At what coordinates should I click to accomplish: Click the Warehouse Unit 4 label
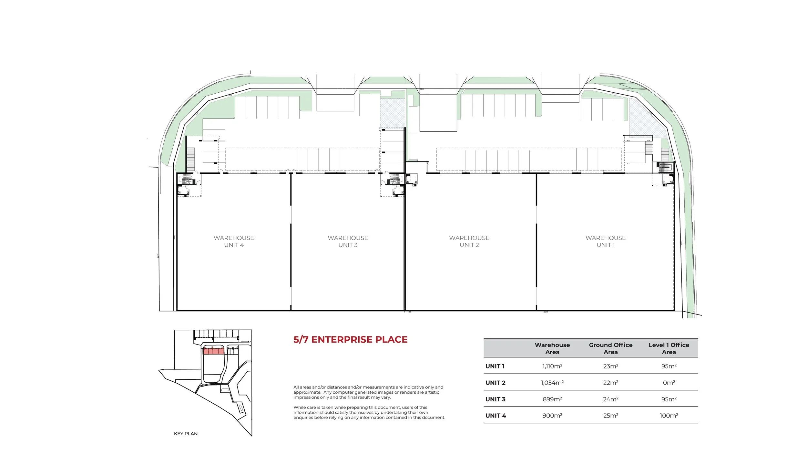click(x=234, y=241)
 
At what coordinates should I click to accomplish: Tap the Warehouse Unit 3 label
click(x=348, y=241)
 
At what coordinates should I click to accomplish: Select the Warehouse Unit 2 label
click(x=469, y=241)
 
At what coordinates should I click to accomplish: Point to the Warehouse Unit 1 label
click(x=606, y=241)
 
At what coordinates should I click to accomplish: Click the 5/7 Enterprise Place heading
click(x=350, y=339)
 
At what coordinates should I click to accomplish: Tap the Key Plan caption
click(x=186, y=434)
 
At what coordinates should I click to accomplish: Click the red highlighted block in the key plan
click(x=213, y=351)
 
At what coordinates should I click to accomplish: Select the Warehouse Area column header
click(x=552, y=348)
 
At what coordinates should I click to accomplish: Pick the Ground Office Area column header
click(x=610, y=348)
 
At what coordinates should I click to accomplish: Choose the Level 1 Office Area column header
click(x=669, y=348)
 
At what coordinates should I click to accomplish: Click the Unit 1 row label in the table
click(x=495, y=366)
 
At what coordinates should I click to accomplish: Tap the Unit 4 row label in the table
click(x=495, y=416)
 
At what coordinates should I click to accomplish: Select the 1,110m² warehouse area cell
click(x=552, y=366)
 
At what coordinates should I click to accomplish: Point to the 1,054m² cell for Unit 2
click(x=552, y=383)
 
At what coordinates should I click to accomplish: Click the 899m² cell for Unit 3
click(x=552, y=399)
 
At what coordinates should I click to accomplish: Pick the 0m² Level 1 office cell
click(x=669, y=383)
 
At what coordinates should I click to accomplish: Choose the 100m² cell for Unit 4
click(x=669, y=416)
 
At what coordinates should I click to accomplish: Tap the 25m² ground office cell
click(x=610, y=416)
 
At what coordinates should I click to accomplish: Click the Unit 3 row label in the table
click(x=495, y=399)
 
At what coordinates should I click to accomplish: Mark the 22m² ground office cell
click(x=610, y=383)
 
